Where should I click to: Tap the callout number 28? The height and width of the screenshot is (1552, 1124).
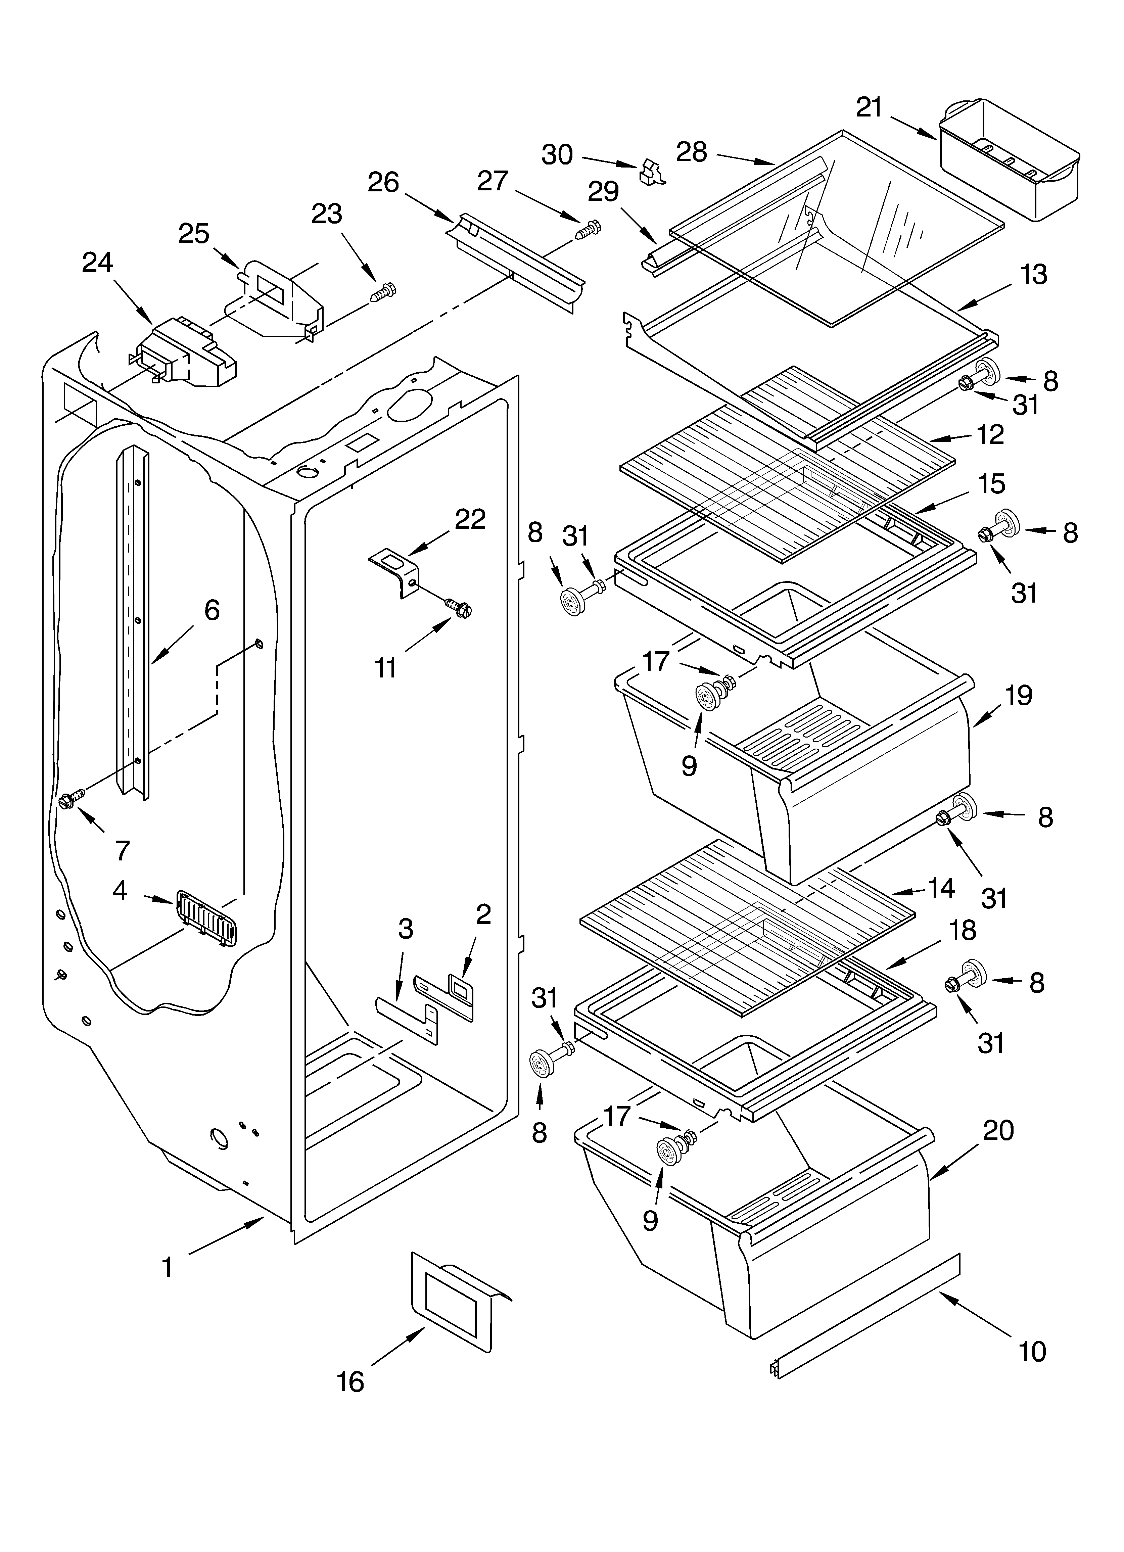(x=691, y=152)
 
